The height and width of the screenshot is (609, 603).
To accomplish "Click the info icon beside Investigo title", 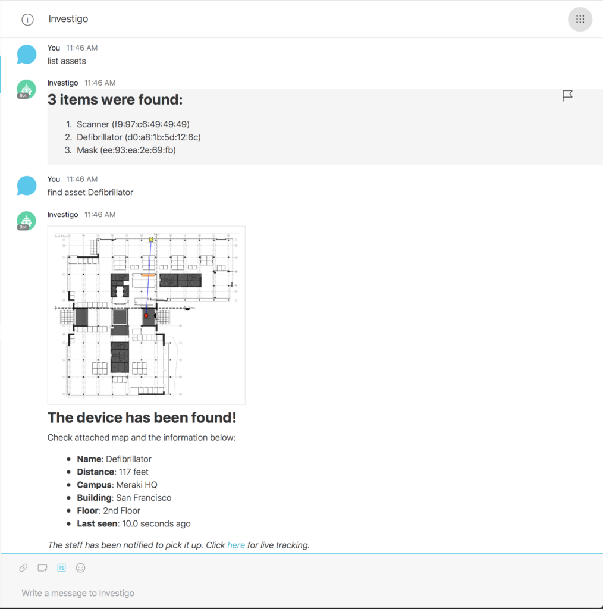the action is [x=27, y=20].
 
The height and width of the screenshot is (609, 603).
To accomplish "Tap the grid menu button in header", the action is [x=580, y=19].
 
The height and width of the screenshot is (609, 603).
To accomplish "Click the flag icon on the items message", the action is [x=567, y=96].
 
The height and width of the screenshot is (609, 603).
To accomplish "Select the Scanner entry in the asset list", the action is [x=133, y=124].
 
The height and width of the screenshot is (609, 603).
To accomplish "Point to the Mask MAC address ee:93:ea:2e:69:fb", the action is [x=138, y=150].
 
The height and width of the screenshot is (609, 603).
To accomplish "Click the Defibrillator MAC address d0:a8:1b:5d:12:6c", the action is [x=163, y=137].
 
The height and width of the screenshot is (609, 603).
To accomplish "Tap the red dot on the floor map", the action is [x=146, y=315].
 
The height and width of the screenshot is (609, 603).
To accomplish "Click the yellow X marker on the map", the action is [x=151, y=240].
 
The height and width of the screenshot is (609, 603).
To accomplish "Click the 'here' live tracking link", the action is [x=236, y=545].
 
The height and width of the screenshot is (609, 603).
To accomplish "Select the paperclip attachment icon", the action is [x=23, y=568].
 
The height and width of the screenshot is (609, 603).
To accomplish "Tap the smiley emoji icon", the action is [x=80, y=568].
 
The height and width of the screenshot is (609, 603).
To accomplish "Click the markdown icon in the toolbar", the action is [x=61, y=568].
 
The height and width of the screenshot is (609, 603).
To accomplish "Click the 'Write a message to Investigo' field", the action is [x=78, y=593].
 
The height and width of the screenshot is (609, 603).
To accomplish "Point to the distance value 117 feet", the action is [x=134, y=472].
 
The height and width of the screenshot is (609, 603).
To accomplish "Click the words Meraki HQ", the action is [x=137, y=485].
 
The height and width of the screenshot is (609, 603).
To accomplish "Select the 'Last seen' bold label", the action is [x=97, y=523].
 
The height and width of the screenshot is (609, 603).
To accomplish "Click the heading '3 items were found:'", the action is [x=115, y=100].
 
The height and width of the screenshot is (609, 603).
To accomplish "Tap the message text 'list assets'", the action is [x=67, y=61].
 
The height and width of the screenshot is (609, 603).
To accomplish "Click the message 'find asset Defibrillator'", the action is [x=90, y=192].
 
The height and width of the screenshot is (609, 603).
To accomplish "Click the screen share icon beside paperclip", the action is [x=42, y=568].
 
